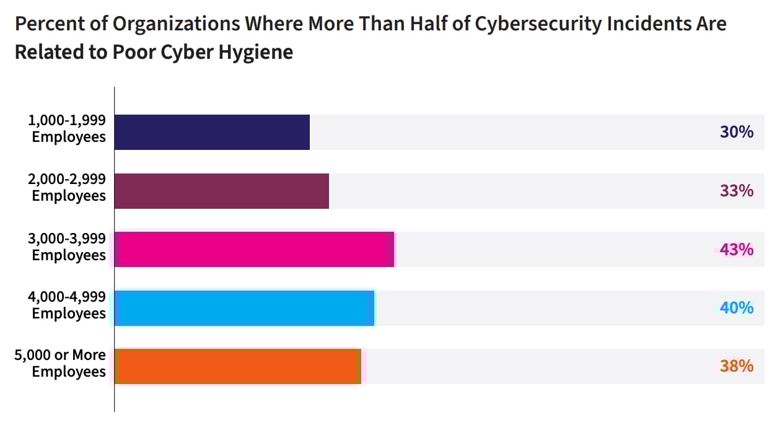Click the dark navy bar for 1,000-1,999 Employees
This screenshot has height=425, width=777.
212,132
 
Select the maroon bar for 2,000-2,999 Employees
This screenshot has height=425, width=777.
222,191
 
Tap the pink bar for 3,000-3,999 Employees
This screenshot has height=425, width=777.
254,250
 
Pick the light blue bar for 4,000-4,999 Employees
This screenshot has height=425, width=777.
245,308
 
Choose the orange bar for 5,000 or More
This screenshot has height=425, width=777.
238,367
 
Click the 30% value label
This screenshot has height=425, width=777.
736,132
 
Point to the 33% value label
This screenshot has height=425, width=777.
736,191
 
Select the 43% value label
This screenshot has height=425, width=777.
736,250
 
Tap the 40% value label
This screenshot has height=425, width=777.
736,308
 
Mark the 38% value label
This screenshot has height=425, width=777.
736,367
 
